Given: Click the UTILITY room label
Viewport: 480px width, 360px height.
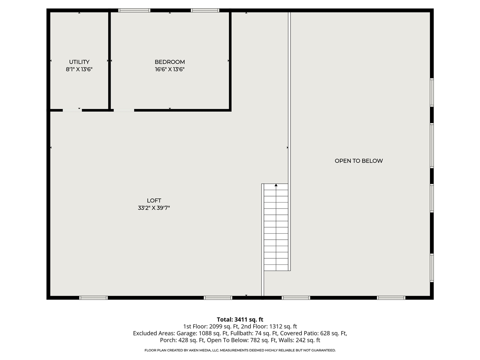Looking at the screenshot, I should point(79,62).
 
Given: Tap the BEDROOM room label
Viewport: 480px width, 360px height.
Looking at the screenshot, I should point(169,62).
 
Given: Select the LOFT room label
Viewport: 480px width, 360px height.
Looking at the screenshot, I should point(154,201).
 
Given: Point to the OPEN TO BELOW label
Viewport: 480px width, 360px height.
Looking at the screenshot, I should point(358,161).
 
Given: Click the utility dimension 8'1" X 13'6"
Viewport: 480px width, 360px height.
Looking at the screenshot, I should point(79,69).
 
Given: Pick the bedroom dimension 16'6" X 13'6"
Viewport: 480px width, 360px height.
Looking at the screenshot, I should point(169,69).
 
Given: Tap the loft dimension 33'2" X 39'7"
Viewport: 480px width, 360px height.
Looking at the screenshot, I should point(154,208).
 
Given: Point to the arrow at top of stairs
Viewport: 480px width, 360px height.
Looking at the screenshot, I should point(276,185).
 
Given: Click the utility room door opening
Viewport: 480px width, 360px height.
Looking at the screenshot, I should point(72,110).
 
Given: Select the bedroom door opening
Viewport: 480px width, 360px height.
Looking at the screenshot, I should point(124,110).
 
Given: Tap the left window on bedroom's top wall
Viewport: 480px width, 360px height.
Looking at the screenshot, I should point(134,10).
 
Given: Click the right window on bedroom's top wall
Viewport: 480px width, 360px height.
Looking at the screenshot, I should point(205,10).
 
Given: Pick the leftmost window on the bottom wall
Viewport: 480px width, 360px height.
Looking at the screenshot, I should point(93,298).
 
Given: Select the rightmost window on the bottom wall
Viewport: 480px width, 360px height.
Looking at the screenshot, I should point(391,298).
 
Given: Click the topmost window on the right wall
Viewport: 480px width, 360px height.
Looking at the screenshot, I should point(432,92).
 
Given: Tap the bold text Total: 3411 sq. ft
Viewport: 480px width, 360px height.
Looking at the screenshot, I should point(240,319).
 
